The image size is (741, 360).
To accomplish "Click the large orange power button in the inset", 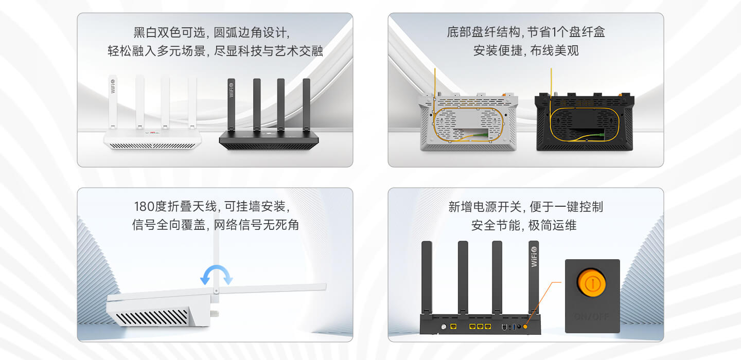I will click(x=591, y=283).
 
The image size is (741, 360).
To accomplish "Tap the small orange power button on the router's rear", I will click(x=525, y=327).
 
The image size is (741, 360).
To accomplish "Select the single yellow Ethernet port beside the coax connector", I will click(x=453, y=327).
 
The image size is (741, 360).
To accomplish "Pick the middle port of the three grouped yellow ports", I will click(x=480, y=327).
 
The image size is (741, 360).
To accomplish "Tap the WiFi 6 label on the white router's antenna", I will click(x=113, y=85).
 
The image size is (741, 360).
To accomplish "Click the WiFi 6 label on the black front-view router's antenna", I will click(x=231, y=88).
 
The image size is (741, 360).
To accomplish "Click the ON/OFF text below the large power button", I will click(x=592, y=316).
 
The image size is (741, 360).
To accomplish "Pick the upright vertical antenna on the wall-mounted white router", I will click(x=216, y=257).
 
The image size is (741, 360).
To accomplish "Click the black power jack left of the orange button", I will click(x=519, y=327).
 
